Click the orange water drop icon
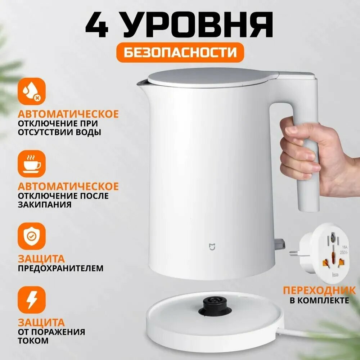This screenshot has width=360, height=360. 32,91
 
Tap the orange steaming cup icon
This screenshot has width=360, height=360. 32,163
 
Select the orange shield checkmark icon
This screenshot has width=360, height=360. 32,236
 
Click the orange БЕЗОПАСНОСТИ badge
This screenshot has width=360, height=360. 180,52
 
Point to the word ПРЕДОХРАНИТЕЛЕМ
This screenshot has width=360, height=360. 60,268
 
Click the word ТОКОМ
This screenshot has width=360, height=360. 33,341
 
